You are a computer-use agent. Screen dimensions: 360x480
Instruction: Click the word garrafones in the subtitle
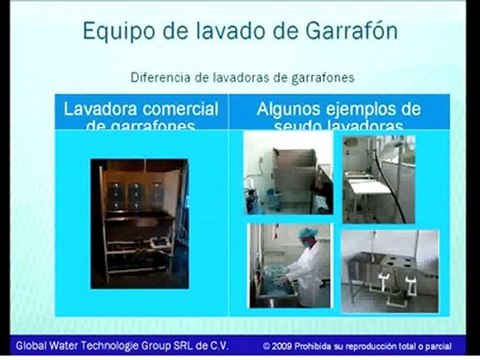pyautogui.click(x=314, y=77)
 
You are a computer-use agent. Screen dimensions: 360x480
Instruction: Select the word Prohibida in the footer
pyautogui.click(x=325, y=345)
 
